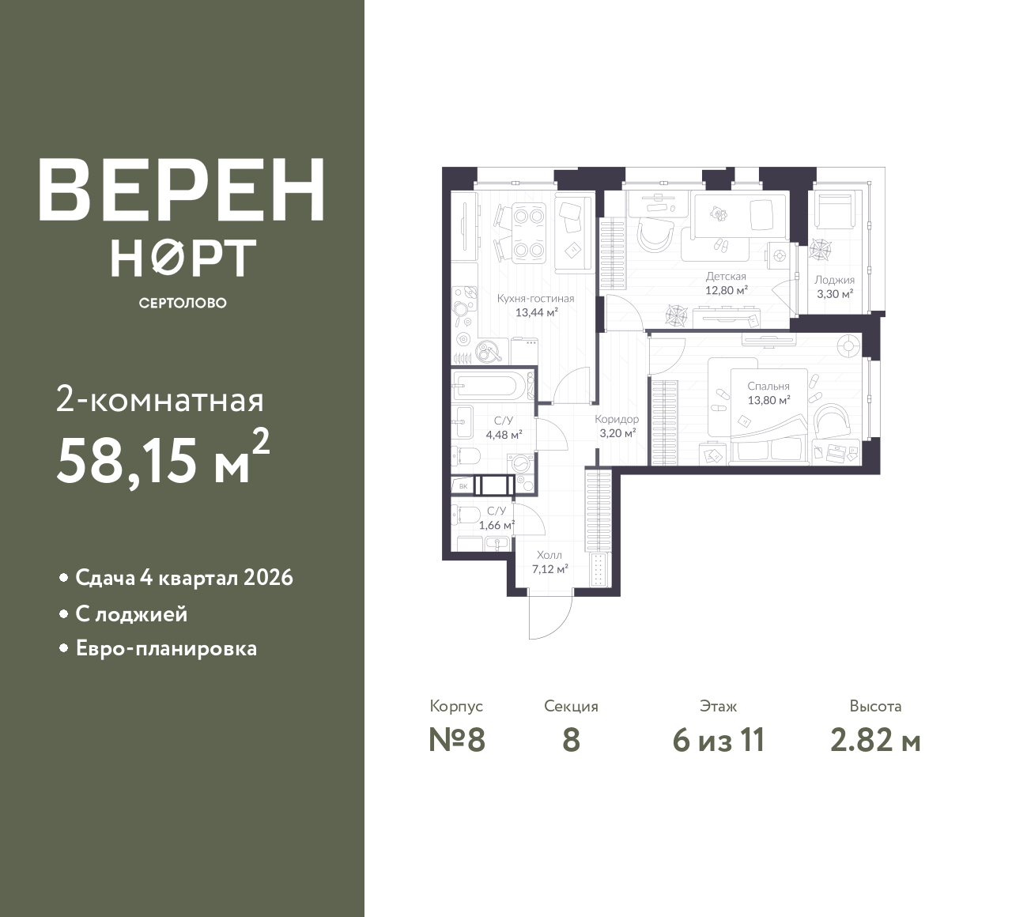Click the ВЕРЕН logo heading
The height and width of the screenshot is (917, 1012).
(182, 191)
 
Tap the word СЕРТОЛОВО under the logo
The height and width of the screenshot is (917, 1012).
(183, 303)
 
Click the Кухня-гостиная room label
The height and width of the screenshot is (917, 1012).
(535, 299)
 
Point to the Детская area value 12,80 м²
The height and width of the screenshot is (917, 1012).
(727, 291)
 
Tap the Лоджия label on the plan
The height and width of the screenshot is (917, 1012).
(834, 280)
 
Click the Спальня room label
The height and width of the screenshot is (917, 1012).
(768, 387)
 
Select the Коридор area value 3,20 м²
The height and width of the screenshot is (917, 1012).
(617, 432)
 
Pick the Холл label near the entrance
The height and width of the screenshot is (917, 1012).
(549, 556)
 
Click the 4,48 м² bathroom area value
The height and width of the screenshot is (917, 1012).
(504, 434)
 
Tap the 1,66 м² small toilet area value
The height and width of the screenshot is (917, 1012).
(497, 525)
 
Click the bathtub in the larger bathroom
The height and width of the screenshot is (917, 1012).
(490, 387)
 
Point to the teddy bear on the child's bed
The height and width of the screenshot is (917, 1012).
(718, 214)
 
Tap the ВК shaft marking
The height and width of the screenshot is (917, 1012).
(463, 487)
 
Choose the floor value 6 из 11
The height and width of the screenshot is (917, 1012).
(719, 741)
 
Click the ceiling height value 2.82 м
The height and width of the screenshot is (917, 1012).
(875, 741)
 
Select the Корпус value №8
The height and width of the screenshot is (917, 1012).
(456, 741)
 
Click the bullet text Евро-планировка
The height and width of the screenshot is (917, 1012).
(166, 649)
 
